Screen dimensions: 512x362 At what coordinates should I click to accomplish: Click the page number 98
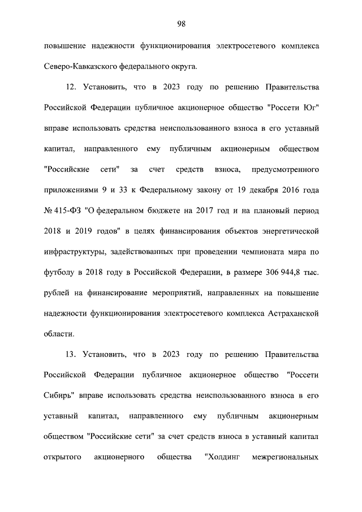[x=181, y=23]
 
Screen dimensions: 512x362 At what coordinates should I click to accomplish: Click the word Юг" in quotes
[x=309, y=109]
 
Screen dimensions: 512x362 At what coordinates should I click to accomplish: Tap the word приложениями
[x=70, y=190]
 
